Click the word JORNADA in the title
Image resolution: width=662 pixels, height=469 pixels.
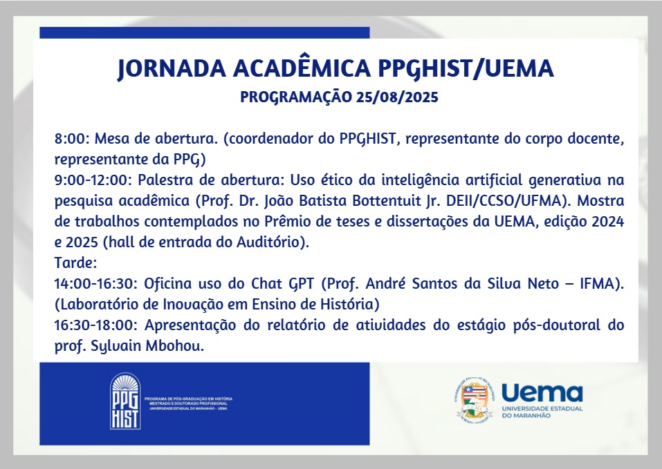(x=172, y=68)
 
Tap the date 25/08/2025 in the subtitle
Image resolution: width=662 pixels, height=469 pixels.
(x=397, y=97)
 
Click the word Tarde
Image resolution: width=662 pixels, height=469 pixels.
(x=75, y=262)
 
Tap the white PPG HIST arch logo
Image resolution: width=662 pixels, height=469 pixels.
(x=125, y=401)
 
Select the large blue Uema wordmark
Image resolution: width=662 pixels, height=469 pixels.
(x=542, y=393)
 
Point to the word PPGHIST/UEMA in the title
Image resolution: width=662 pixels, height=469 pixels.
(x=466, y=68)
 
